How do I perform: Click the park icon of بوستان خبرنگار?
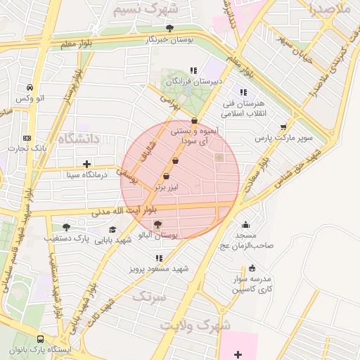169,28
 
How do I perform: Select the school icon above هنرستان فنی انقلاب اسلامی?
243,92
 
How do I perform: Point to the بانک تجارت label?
27,148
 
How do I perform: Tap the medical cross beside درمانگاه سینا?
86,164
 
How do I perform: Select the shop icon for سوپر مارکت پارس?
283,127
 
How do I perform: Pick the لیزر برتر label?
168,187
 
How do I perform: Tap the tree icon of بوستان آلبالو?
157,224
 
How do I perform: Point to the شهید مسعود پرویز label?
160,269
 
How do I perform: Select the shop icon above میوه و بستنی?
194,120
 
